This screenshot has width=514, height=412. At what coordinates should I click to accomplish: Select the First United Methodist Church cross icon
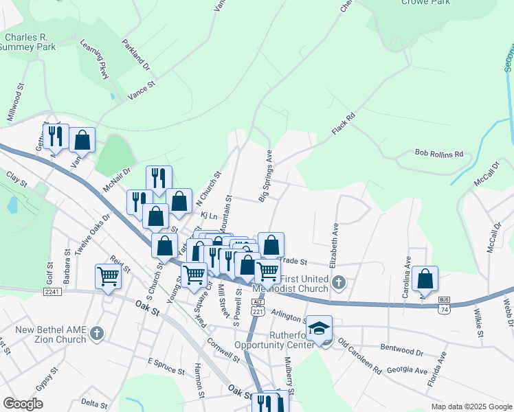point(338,282)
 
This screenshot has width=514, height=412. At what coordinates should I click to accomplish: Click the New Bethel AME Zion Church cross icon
point(97,334)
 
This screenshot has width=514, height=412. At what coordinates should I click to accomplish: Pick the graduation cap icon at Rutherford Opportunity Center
point(319,328)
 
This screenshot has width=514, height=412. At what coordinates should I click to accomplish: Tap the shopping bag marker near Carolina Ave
point(425,279)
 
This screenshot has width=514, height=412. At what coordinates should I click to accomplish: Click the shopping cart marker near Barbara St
point(109,276)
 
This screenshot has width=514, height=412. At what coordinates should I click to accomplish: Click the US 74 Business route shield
point(445,306)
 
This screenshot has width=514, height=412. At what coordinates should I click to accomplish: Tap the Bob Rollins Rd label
point(439,154)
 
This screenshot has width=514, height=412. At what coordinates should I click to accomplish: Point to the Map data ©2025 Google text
point(471,407)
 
